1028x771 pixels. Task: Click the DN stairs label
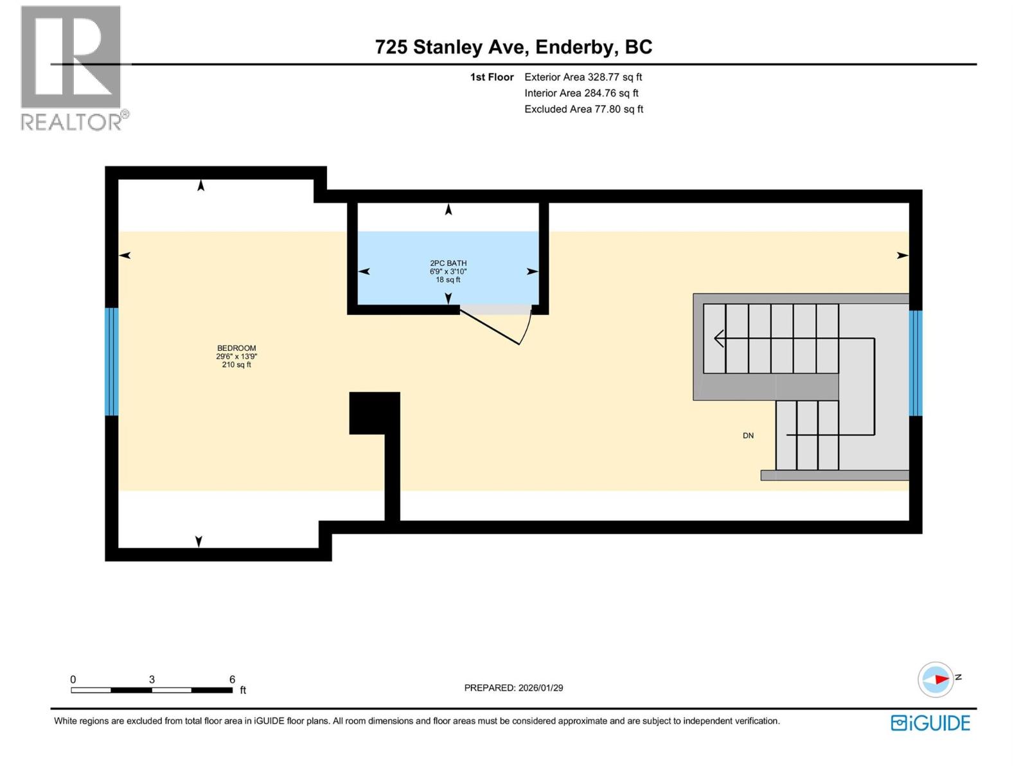(748, 436)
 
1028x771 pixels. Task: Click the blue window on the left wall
(112, 362)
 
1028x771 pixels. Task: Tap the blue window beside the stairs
(916, 363)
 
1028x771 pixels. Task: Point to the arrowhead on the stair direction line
(719, 338)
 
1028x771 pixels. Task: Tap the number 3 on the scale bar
(152, 679)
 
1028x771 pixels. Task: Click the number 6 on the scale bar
(232, 679)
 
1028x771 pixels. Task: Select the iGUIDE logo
(930, 723)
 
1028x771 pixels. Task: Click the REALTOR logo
(72, 67)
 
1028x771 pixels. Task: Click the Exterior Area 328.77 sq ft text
(583, 77)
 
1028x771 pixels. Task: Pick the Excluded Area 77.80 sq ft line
(583, 109)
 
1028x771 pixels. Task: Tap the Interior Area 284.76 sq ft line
(581, 93)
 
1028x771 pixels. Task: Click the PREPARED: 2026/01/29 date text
(513, 687)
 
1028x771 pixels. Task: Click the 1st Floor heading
(492, 77)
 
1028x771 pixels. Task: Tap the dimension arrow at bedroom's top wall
(201, 186)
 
